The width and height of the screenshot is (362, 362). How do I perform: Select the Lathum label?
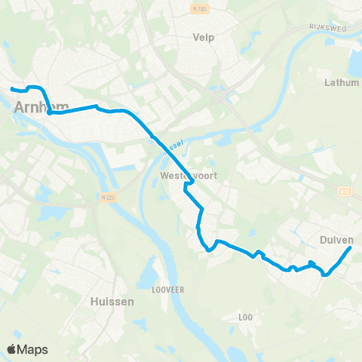click(x=341, y=82)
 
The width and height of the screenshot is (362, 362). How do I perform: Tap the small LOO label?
click(x=245, y=317)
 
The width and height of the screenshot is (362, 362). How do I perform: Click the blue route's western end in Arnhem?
click(x=11, y=89)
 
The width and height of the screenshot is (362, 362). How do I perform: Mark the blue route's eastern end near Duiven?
click(x=351, y=248)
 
